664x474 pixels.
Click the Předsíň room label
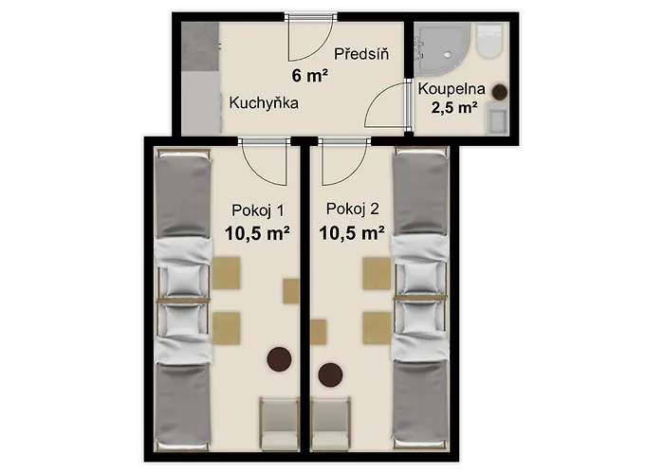pos(361,54)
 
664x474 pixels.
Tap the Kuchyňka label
pos(264,102)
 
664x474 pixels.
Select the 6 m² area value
pos(309,76)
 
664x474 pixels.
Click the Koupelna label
pos(452,89)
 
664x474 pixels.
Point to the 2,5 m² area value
pos(454,107)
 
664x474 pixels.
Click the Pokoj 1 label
pos(258,210)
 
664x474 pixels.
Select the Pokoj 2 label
pos(352,209)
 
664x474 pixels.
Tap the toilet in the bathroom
pos(489,40)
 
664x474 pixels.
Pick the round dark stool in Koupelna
pos(500,91)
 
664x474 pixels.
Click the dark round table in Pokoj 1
pos(279,359)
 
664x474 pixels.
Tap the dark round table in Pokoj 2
pos(330,374)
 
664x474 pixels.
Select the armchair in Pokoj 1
pos(279,425)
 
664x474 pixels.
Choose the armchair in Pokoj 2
pos(331,425)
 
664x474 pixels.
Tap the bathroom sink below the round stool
pos(496,118)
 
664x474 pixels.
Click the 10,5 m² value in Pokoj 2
pos(352,232)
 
